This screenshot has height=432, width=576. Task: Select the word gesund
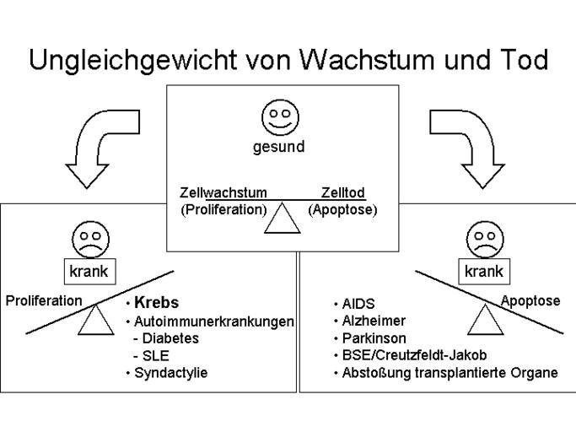278,147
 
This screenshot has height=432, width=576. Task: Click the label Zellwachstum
223,193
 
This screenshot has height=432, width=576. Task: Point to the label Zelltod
342,193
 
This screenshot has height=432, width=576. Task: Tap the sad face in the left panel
89,239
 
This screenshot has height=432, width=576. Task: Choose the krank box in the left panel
89,272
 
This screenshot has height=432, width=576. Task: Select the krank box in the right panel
484,272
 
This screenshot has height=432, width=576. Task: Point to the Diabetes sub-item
170,337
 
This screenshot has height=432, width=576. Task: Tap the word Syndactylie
175,372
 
